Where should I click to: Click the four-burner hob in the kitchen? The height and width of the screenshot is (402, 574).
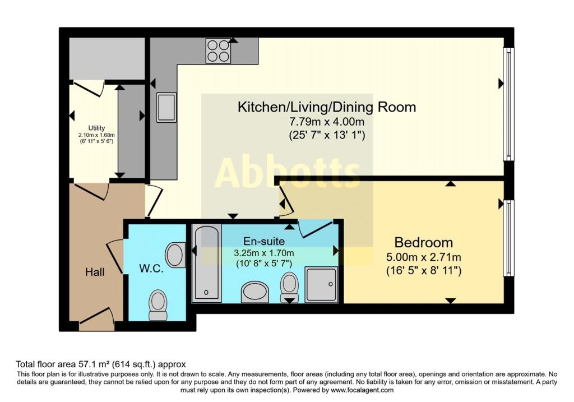click(x=218, y=50)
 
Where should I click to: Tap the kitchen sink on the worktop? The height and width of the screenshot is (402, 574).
click(x=166, y=107)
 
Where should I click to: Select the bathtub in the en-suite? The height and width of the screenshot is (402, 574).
click(x=206, y=264)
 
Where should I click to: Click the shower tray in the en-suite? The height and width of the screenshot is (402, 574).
click(x=321, y=285)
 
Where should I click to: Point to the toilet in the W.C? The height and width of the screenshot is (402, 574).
click(x=158, y=305)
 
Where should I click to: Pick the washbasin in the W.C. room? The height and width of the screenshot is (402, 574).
click(x=175, y=255)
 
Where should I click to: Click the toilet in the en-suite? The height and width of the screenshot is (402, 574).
click(x=289, y=288)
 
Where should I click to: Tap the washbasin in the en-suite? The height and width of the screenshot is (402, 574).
click(x=255, y=292)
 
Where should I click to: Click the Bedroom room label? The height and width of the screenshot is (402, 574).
click(x=424, y=242)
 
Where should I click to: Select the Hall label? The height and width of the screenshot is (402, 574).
click(x=95, y=272)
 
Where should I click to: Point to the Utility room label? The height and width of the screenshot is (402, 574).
click(x=96, y=128)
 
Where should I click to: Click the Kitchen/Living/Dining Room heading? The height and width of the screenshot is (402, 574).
click(x=327, y=107)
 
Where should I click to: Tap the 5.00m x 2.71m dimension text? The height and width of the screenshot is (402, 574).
click(x=424, y=257)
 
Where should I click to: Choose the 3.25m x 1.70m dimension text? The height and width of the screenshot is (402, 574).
click(x=264, y=253)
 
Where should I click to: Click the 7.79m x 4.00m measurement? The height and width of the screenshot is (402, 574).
click(x=327, y=121)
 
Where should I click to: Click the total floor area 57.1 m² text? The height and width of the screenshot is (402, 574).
click(x=101, y=364)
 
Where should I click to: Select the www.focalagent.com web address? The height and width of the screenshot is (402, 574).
click(x=362, y=390)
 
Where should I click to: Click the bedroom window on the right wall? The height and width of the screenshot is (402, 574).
click(x=508, y=238)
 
